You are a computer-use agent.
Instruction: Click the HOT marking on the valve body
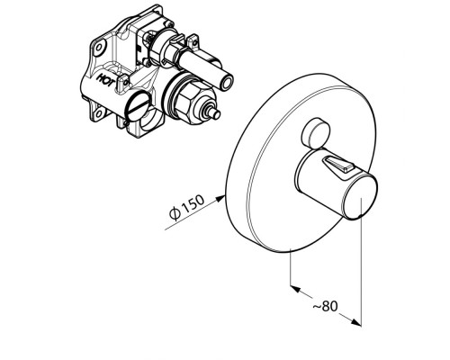pyautogui.click(x=104, y=79)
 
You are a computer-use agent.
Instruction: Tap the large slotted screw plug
pyautogui.click(x=138, y=105)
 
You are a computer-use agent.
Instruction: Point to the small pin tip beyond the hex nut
pyautogui.click(x=215, y=114)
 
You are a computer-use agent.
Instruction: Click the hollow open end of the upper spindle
pyautogui.click(x=227, y=82)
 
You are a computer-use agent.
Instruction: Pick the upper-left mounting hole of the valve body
pyautogui.click(x=99, y=48)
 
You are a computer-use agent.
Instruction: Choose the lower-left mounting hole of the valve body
pyautogui.click(x=97, y=113)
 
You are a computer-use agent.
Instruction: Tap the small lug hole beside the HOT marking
pyautogui.click(x=125, y=80)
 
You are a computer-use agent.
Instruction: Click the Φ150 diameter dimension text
pyautogui.click(x=186, y=207)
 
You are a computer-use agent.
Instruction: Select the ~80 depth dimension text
pyautogui.click(x=325, y=306)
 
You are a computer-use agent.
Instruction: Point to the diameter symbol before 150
pyautogui.click(x=175, y=213)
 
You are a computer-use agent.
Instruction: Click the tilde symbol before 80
pyautogui.click(x=317, y=307)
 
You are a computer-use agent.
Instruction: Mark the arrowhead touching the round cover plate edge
pyautogui.click(x=220, y=198)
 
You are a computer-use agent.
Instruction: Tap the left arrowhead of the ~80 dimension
pyautogui.click(x=296, y=289)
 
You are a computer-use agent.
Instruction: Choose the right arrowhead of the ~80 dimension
pyautogui.click(x=356, y=322)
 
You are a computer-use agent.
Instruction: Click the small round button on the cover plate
pyautogui.click(x=315, y=133)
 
